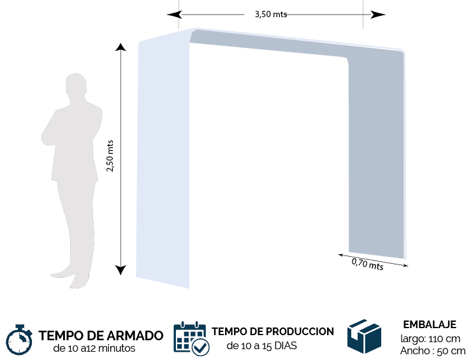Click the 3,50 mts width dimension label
(271, 14)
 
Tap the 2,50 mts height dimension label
(110, 155)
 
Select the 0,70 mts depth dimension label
(367, 264)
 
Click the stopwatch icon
(19, 340)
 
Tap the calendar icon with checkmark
(191, 338)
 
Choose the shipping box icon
(365, 336)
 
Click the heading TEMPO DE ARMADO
(101, 335)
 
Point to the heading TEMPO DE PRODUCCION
(273, 331)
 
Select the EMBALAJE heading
(430, 324)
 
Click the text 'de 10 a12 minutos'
(94, 348)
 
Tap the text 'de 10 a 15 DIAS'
(261, 346)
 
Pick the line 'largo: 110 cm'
(430, 338)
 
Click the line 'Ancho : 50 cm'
(433, 351)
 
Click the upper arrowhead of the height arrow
(120, 47)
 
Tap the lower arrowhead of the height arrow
(120, 270)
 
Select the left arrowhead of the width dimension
(174, 14)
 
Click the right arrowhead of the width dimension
(378, 14)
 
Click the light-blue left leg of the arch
(163, 161)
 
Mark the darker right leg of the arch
(377, 154)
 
